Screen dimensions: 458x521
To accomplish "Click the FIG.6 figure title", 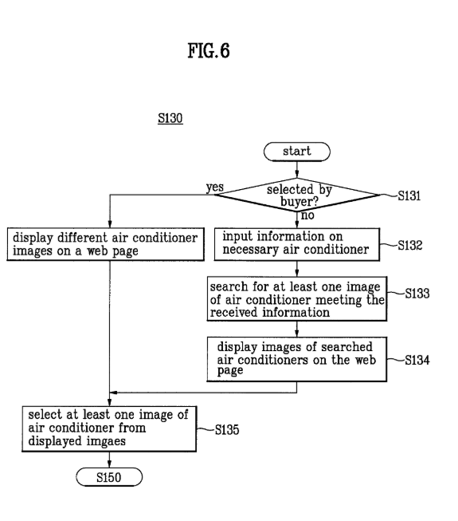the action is [x=209, y=51].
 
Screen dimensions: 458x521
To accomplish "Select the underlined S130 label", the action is [x=170, y=118].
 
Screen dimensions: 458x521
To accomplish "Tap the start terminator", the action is [x=297, y=152].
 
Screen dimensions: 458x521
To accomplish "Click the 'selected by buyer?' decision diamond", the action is [x=297, y=195].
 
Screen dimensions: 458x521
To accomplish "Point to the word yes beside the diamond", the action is [x=215, y=187].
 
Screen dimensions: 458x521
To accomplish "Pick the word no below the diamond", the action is [x=307, y=215].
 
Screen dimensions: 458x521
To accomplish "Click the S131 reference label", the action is [x=409, y=195].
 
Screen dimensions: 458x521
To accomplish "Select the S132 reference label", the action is [x=410, y=245].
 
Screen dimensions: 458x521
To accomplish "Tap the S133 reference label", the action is [x=417, y=294].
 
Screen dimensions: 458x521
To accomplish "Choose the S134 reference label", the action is [x=417, y=360].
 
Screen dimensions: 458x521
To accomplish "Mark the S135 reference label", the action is [x=227, y=429].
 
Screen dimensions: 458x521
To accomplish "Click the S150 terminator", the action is [x=109, y=477].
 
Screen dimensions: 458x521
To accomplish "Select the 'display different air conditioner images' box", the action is [x=105, y=244].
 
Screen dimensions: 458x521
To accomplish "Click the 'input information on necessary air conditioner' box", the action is [x=297, y=244].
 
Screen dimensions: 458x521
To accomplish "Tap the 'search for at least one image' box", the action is [x=297, y=298].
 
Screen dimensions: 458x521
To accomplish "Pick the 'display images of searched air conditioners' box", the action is [x=297, y=359].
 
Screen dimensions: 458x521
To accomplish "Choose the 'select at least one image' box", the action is [x=109, y=429].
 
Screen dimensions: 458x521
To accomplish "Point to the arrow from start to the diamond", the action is [x=297, y=169].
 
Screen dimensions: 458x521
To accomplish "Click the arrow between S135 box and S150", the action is [x=109, y=460].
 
